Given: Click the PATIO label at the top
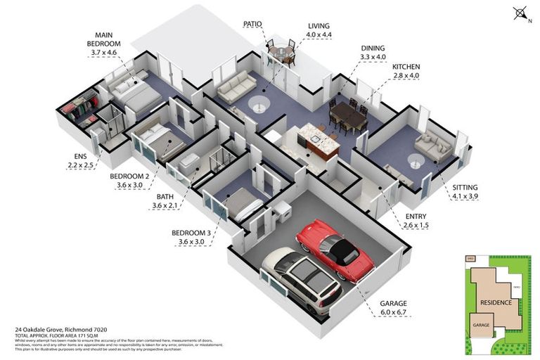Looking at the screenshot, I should click(x=252, y=24).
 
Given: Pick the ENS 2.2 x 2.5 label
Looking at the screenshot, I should click(x=74, y=162).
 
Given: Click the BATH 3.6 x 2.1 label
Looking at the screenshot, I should click(x=166, y=202).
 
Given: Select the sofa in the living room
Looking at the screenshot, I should click(x=236, y=89).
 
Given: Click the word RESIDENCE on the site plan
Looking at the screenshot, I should click(x=496, y=302).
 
